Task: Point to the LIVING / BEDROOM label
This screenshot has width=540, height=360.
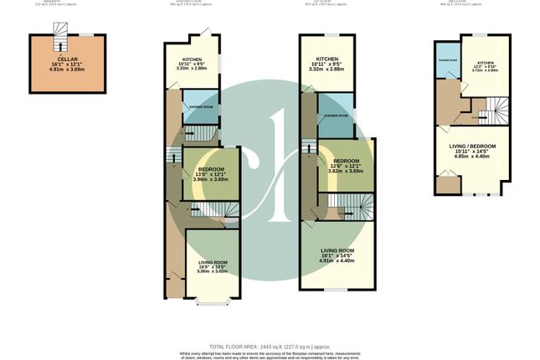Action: pos(473,147)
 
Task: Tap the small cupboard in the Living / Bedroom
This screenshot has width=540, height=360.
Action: pos(449,184)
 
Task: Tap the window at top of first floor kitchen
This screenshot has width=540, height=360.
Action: pos(332,33)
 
